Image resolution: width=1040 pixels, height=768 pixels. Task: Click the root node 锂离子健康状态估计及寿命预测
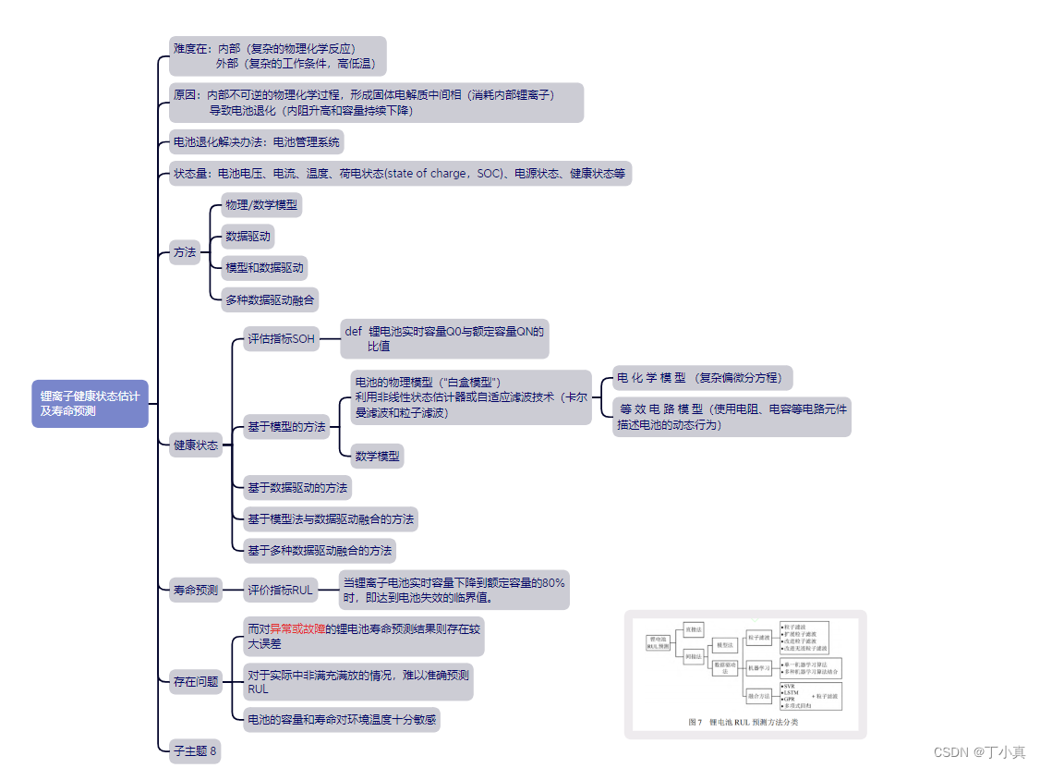click(x=90, y=404)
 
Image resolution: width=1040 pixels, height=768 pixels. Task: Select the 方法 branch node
click(x=185, y=251)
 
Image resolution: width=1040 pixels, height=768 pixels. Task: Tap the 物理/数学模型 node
click(x=261, y=205)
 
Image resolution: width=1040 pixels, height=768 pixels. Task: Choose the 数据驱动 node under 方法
click(x=248, y=237)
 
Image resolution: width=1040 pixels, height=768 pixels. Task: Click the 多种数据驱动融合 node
click(x=270, y=299)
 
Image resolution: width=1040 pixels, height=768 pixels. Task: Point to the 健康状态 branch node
click(x=196, y=445)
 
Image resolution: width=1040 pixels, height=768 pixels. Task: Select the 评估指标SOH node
click(x=281, y=339)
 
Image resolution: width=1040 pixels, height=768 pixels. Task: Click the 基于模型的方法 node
click(x=285, y=427)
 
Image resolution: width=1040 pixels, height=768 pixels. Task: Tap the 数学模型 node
click(x=377, y=456)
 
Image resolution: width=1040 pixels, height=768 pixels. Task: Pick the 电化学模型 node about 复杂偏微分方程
click(x=702, y=378)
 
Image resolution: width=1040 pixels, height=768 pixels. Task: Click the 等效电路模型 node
click(x=731, y=417)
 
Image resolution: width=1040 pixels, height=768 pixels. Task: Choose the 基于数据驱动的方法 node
click(x=296, y=488)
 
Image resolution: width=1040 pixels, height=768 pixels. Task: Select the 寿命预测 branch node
click(x=196, y=590)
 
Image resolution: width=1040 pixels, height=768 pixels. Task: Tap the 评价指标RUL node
click(x=280, y=590)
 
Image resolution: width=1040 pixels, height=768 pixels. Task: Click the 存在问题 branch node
click(x=196, y=682)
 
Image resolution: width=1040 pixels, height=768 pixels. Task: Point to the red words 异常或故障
click(x=297, y=629)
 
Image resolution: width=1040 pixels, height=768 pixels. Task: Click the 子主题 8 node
click(x=195, y=750)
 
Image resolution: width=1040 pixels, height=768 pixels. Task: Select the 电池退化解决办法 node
click(x=257, y=142)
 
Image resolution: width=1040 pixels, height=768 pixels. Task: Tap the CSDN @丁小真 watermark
click(x=980, y=752)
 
